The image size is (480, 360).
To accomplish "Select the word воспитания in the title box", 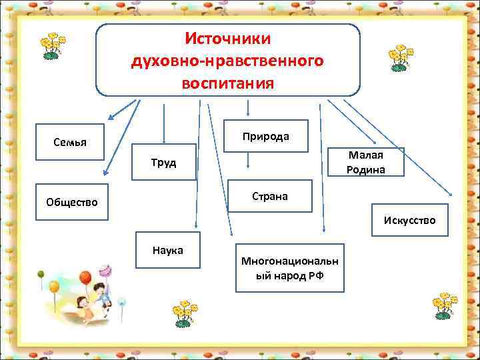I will pos(227,84).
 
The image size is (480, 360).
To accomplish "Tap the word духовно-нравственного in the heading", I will pos(227,61).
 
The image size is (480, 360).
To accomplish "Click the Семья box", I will pos(70,142).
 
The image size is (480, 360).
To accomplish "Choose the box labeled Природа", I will pos(265,137).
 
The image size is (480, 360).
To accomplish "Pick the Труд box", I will pos(163,162).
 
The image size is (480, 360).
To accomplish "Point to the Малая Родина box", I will pos(366,162).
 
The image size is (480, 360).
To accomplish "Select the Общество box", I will pos(71,201).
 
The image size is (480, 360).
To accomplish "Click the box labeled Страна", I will pos(269,196).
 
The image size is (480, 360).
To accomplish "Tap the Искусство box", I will pos(409,219).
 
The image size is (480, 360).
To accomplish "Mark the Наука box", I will pos(167,250).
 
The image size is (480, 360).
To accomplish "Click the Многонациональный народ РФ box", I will pos(289,268).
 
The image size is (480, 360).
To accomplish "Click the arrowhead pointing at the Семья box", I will pos(112,118).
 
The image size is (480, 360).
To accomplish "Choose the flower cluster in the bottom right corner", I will pos(445,305).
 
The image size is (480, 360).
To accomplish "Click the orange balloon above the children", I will pos(85,277).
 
